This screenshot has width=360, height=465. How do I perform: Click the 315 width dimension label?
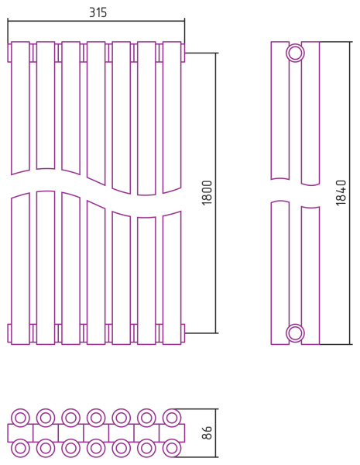click(98, 12)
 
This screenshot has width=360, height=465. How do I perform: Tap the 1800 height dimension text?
click(207, 193)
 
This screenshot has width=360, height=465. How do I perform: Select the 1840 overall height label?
click(341, 193)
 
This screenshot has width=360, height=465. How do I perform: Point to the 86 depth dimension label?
click(207, 432)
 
